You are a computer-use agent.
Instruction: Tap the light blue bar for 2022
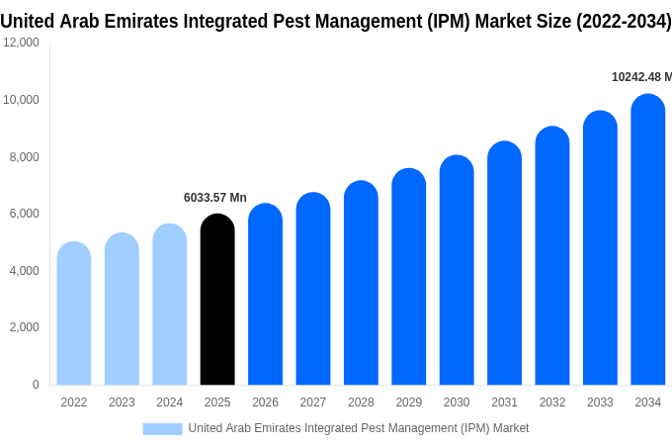[74, 313]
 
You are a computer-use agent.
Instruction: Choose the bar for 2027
[313, 289]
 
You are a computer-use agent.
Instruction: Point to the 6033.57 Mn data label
[215, 198]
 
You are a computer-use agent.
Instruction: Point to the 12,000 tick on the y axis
[21, 43]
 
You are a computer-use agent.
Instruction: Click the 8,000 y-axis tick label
[24, 156]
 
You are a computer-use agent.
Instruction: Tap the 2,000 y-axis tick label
[24, 327]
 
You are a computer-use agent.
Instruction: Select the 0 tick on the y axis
[36, 385]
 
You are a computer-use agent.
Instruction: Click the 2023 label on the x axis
[122, 402]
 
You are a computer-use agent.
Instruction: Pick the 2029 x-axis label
[409, 402]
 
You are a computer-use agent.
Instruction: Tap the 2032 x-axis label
[552, 402]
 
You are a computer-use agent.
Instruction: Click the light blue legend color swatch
[162, 428]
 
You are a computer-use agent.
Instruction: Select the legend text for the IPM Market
[358, 428]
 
